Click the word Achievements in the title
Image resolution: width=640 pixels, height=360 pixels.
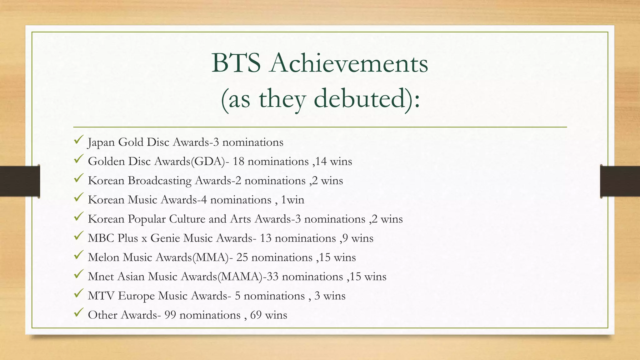tap(349, 63)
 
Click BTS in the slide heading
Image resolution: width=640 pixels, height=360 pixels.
tap(236, 63)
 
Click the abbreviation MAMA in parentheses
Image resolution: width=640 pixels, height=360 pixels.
tap(240, 277)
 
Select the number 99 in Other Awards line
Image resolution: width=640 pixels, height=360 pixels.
tap(170, 315)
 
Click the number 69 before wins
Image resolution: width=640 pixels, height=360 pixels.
tap(256, 315)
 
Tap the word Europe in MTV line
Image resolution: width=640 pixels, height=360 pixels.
tap(136, 296)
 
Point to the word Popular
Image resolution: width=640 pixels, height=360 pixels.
tap(147, 219)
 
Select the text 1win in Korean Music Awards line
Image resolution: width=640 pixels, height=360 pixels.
tap(292, 200)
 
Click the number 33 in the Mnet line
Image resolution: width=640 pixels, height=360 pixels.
tap(272, 277)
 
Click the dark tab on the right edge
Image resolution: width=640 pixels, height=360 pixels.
tap(620, 181)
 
